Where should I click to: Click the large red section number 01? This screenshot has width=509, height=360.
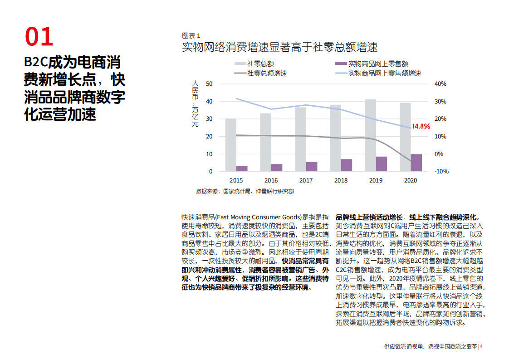[x=39, y=37]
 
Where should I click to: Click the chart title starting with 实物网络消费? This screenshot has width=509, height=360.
[x=279, y=47]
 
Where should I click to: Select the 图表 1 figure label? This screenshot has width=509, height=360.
[x=191, y=35]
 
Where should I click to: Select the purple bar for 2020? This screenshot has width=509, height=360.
[x=416, y=163]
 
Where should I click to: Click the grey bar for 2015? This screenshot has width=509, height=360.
[x=230, y=145]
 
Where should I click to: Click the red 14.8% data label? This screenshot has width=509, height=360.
[x=421, y=127]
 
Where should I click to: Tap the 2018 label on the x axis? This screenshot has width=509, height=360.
[x=341, y=180]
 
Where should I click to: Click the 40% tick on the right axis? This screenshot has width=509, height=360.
[x=440, y=84]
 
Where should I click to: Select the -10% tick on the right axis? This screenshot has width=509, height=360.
[x=441, y=171]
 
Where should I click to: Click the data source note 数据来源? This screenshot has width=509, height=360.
[x=245, y=191]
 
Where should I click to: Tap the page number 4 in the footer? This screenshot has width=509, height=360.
[x=481, y=347]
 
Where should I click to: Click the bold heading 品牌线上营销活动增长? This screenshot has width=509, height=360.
[x=407, y=217]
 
